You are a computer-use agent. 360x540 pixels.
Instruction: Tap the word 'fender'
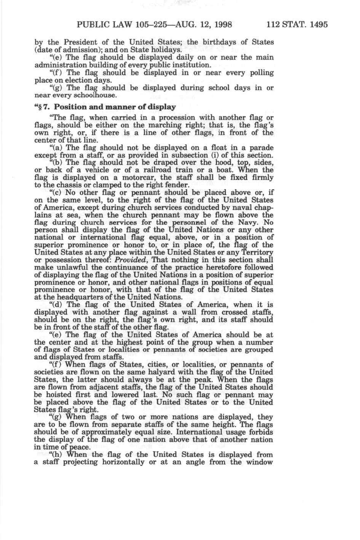[178, 185]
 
